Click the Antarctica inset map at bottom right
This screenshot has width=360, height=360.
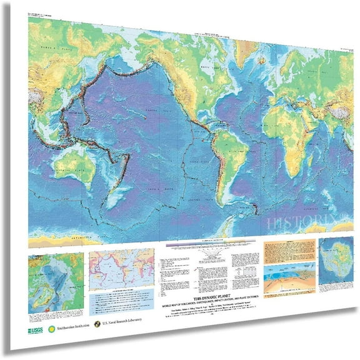click(338, 265)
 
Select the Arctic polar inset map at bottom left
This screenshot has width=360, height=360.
click(55, 276)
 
